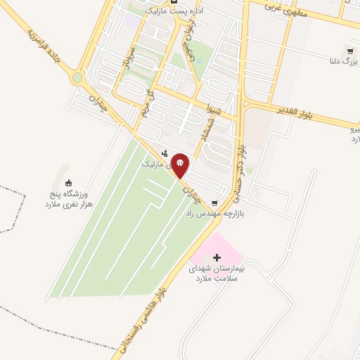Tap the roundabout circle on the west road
pos(77,78)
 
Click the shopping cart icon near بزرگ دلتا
pos(349,52)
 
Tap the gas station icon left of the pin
pos(164,153)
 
